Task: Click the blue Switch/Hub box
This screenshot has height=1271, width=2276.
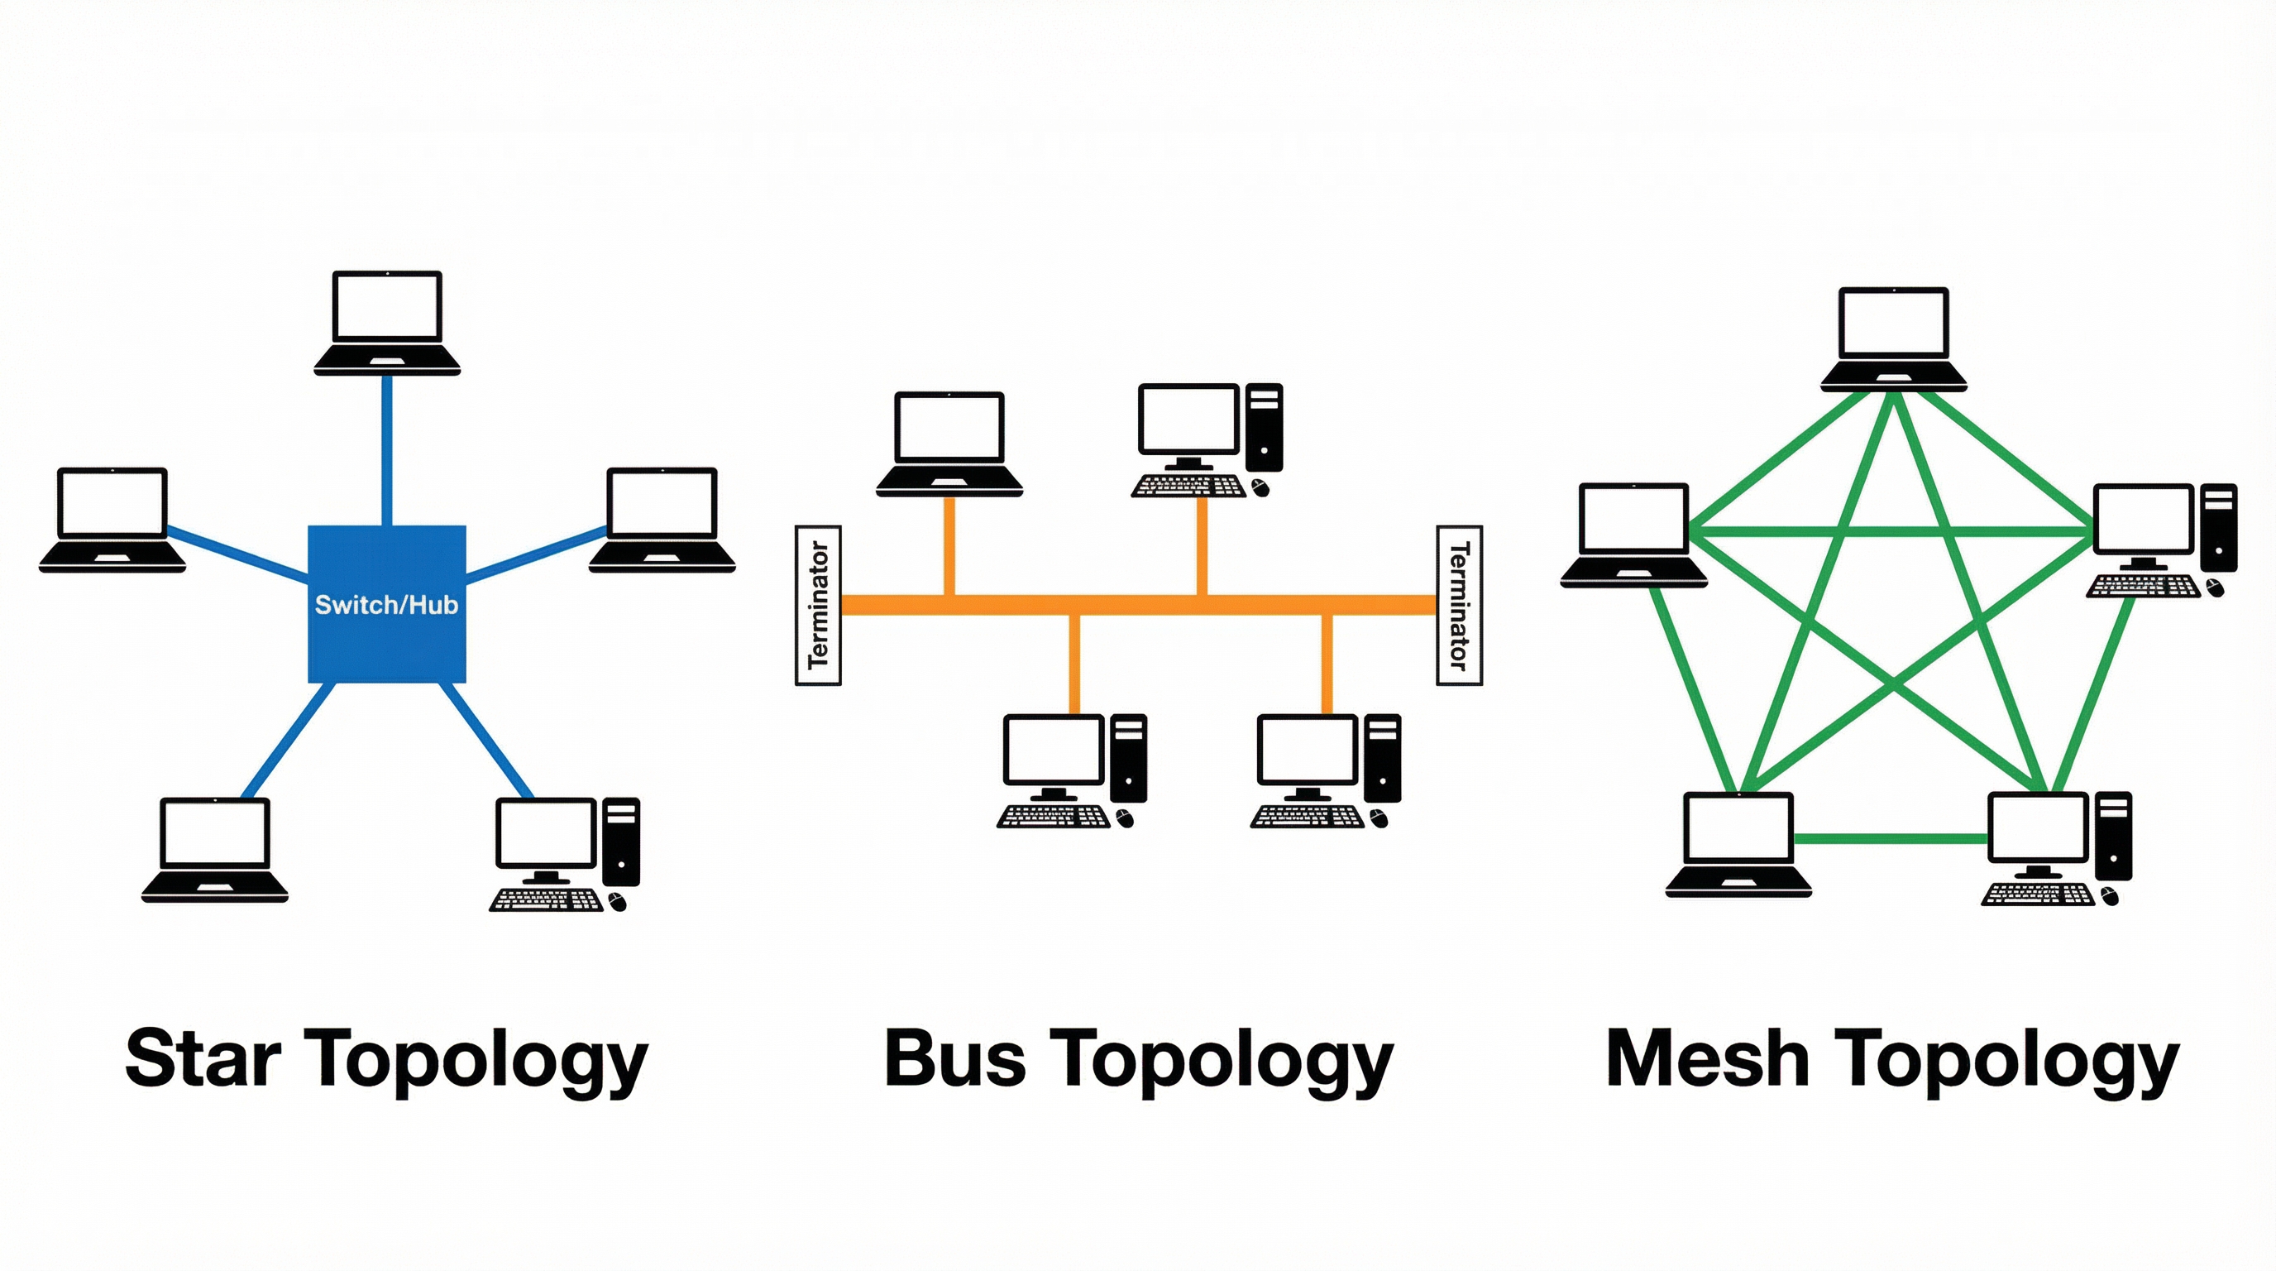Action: [386, 636]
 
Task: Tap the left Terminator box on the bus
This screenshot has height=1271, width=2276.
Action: [818, 606]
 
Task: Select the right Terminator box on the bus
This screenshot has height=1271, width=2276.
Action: [1459, 606]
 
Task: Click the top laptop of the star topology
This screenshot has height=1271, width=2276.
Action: [387, 323]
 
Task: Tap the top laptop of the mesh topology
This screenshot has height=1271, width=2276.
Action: [1892, 338]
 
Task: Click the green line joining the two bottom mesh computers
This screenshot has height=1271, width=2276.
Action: [1891, 838]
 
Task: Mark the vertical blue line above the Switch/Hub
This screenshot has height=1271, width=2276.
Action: [387, 451]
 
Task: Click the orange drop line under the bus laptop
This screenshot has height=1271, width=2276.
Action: [949, 545]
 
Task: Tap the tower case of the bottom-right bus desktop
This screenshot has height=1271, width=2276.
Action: [1382, 757]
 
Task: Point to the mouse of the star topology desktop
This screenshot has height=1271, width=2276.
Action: [618, 902]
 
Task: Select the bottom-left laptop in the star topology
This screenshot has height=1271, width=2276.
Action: [215, 849]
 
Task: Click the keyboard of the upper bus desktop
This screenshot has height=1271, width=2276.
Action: [1189, 486]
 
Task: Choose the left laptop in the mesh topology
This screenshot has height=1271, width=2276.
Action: [1633, 535]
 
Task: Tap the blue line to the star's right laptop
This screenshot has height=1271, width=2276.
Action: [536, 555]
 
